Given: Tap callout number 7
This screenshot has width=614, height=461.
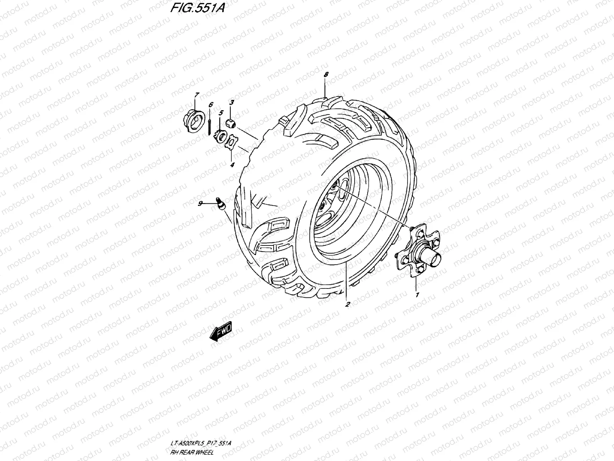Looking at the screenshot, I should pyautogui.click(x=196, y=95).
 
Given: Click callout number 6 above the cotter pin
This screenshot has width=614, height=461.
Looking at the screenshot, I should pyautogui.click(x=210, y=104).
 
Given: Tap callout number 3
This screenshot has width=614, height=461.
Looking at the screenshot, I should pyautogui.click(x=231, y=102).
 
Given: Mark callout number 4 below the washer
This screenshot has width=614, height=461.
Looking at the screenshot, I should pyautogui.click(x=231, y=165).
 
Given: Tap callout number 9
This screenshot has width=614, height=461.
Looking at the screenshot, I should pyautogui.click(x=200, y=204).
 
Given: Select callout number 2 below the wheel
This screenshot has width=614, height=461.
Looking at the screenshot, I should pyautogui.click(x=347, y=304).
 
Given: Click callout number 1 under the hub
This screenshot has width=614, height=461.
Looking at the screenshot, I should pyautogui.click(x=416, y=295).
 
